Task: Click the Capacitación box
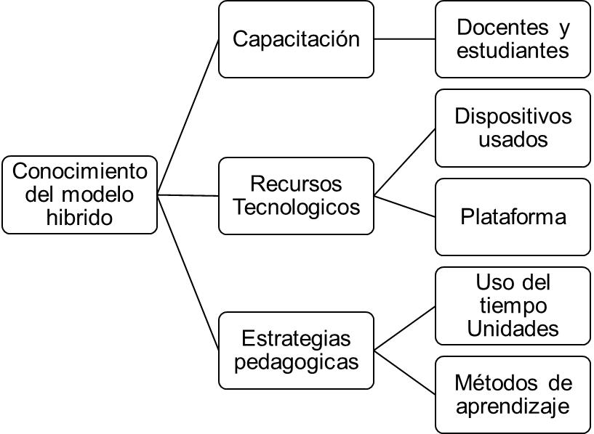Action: point(296,38)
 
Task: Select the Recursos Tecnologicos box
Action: point(296,196)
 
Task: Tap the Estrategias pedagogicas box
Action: point(296,350)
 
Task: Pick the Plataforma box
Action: point(513,218)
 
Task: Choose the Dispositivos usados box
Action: point(513,128)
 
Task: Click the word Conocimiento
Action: point(80,173)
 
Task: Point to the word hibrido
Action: point(80,217)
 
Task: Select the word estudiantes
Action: point(513,51)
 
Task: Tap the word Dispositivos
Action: point(513,117)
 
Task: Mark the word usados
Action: point(513,139)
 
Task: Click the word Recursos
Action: point(296,184)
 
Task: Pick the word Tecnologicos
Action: point(296,207)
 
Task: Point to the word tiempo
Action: point(513,306)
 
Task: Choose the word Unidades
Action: point(513,328)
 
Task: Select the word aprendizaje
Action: point(513,406)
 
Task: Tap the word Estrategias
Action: point(296,338)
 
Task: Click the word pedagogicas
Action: point(296,361)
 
